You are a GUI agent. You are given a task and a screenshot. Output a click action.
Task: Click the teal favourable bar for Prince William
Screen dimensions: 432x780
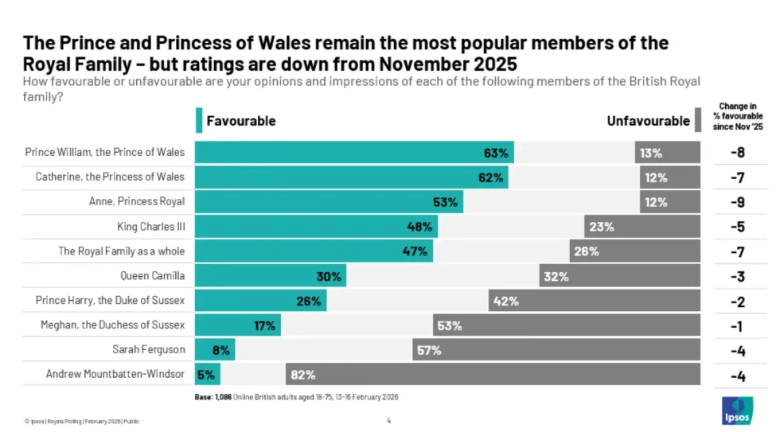(342, 153)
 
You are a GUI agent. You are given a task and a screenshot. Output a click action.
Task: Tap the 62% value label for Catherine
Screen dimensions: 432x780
(491, 177)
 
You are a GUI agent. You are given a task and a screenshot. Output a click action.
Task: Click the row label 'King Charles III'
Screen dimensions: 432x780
(150, 227)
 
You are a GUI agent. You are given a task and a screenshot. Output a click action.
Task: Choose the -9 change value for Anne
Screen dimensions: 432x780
(737, 202)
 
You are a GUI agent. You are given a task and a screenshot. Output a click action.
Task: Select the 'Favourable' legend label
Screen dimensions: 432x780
(240, 121)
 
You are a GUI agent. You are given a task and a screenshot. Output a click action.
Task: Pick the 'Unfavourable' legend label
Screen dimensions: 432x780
(648, 121)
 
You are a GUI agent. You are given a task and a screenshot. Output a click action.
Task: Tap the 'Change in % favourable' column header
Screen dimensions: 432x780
(737, 115)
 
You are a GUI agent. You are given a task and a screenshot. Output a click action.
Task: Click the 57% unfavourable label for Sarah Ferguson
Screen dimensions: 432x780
(429, 350)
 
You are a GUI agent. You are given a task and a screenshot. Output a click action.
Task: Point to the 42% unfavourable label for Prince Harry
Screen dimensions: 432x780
(506, 301)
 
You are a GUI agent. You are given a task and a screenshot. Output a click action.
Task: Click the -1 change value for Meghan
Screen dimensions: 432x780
(737, 325)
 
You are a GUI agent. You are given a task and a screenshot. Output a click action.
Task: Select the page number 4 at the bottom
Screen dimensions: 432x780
(388, 420)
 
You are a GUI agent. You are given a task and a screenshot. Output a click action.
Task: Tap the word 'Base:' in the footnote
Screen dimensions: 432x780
(204, 396)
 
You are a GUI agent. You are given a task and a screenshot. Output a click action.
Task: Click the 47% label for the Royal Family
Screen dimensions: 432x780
(419, 251)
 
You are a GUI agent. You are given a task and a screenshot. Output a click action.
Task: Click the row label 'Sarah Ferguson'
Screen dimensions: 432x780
(150, 349)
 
